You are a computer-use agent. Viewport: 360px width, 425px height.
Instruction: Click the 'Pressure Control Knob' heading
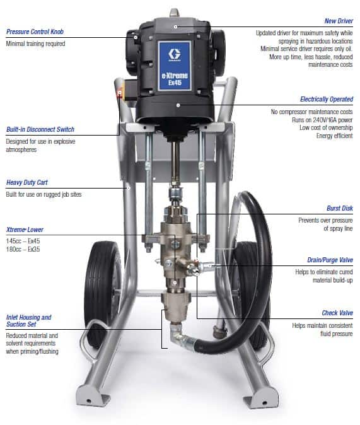[35, 32]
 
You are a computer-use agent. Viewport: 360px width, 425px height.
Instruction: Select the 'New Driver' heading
[339, 21]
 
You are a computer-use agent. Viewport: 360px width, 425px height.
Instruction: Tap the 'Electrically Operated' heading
[327, 99]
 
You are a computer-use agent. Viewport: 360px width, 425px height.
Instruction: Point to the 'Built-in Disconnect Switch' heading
[40, 129]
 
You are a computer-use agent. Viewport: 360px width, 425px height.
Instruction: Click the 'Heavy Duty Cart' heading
[27, 182]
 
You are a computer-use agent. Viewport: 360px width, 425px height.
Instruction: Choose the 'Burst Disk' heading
[340, 208]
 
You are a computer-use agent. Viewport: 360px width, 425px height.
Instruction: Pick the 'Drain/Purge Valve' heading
[330, 260]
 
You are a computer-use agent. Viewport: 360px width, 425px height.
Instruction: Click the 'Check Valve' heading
[337, 313]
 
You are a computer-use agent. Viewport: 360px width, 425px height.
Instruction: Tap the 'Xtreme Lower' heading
[25, 230]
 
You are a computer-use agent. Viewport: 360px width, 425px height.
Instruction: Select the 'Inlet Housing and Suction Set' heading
[28, 321]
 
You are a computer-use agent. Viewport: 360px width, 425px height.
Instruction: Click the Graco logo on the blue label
[174, 54]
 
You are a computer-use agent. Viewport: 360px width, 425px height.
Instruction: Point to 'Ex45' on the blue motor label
[175, 83]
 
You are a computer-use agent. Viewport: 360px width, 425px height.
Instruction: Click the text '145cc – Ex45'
[23, 241]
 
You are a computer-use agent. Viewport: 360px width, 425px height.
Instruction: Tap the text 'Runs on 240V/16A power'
[322, 120]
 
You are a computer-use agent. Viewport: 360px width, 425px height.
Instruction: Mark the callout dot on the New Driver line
[176, 27]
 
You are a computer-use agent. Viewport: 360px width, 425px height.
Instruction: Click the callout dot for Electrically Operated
[178, 105]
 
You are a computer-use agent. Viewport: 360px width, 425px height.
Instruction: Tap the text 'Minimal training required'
[35, 44]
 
